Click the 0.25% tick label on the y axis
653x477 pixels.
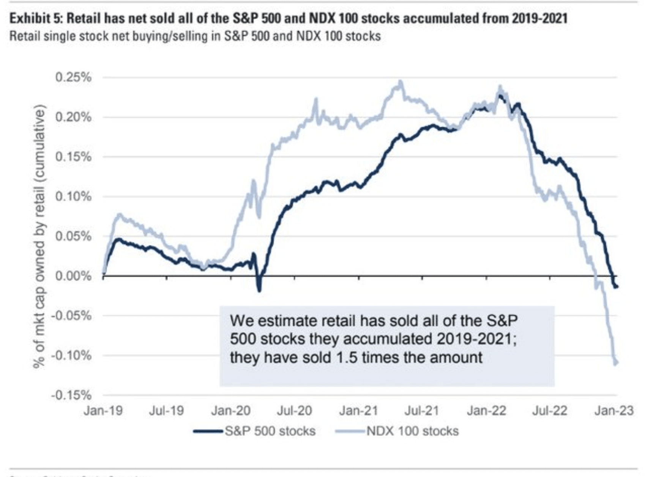[73, 77]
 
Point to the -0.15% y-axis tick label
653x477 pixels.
[71, 395]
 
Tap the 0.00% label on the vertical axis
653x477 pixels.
[73, 276]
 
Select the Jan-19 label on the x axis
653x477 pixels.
[103, 411]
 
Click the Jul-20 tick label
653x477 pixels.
[295, 411]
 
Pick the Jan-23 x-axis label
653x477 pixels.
[614, 411]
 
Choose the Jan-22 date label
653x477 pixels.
[486, 411]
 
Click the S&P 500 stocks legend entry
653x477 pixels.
[270, 431]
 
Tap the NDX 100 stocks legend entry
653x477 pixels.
[412, 431]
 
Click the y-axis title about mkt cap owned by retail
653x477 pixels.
[39, 236]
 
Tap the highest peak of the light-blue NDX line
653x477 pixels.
[400, 82]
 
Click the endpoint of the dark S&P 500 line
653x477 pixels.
[617, 287]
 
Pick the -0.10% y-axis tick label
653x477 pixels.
[71, 356]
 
